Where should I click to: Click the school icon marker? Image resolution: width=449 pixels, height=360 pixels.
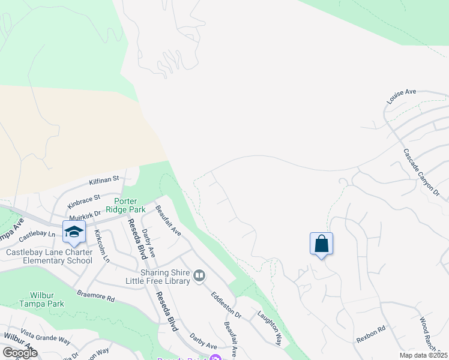[74, 232]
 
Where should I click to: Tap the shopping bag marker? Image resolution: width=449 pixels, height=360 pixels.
[321, 244]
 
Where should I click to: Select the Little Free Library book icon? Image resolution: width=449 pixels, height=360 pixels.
[199, 276]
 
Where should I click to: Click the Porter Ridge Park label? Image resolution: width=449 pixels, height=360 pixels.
[125, 206]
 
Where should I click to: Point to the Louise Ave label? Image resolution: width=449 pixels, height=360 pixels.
[402, 96]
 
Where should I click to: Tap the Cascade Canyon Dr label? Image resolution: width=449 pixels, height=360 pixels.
[421, 173]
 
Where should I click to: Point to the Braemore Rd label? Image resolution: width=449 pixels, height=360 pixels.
[95, 296]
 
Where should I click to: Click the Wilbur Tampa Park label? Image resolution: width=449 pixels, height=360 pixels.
[46, 299]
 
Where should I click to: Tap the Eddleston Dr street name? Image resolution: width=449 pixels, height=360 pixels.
[226, 304]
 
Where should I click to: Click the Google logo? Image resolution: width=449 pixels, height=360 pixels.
[20, 353]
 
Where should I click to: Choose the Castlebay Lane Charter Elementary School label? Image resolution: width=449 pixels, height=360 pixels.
[49, 256]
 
